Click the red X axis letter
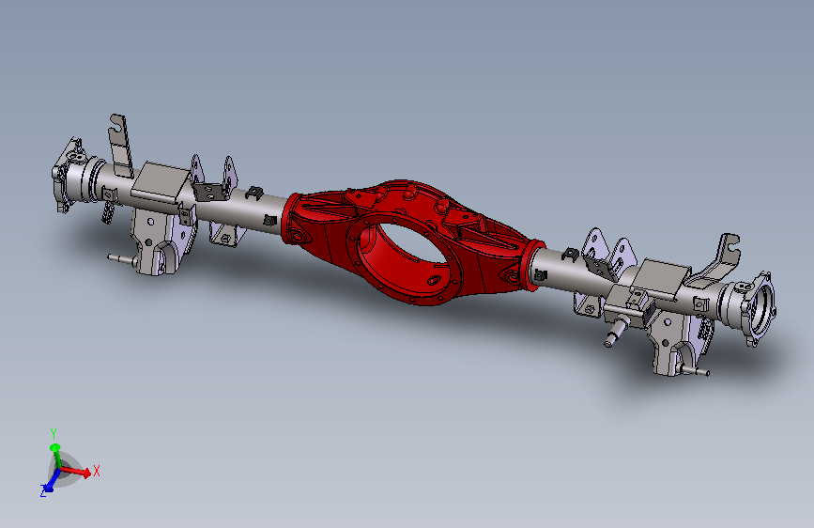coord(96,472)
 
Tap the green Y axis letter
coord(53,433)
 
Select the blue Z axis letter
coord(43,491)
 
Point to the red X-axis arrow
coord(76,472)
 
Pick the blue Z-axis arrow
coord(51,482)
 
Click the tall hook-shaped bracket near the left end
coord(120,146)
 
